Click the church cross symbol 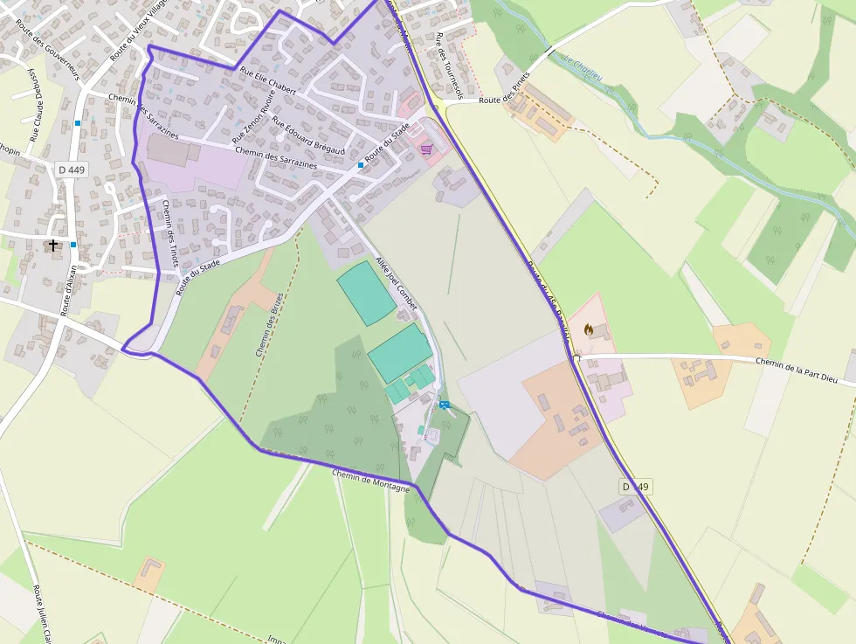tap(53, 246)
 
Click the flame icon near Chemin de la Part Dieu tap(589, 329)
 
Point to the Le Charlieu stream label tap(583, 67)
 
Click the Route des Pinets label tap(507, 100)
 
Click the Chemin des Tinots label tap(170, 232)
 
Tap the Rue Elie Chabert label tap(268, 82)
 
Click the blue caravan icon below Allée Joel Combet tap(445, 405)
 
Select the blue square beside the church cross tap(73, 245)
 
